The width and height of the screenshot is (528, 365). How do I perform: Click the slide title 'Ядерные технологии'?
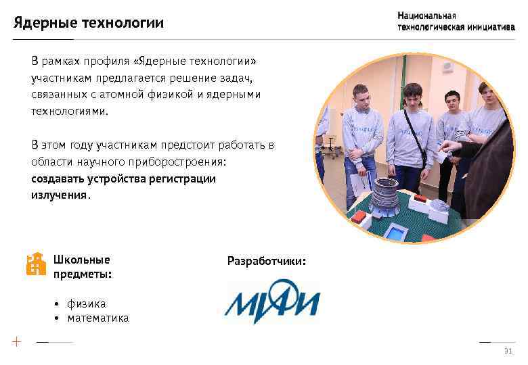coord(89,24)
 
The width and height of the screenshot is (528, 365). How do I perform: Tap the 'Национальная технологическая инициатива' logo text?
coord(456,22)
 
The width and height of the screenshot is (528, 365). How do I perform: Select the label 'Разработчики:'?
coord(266,260)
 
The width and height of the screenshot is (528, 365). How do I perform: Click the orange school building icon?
coord(35,264)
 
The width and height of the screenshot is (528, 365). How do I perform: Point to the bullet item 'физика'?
coord(86,303)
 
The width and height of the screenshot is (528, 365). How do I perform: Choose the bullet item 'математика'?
coord(97,318)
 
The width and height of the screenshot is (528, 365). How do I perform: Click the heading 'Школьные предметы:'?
coord(82,266)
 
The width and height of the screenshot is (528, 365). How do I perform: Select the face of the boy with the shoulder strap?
coord(412,99)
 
